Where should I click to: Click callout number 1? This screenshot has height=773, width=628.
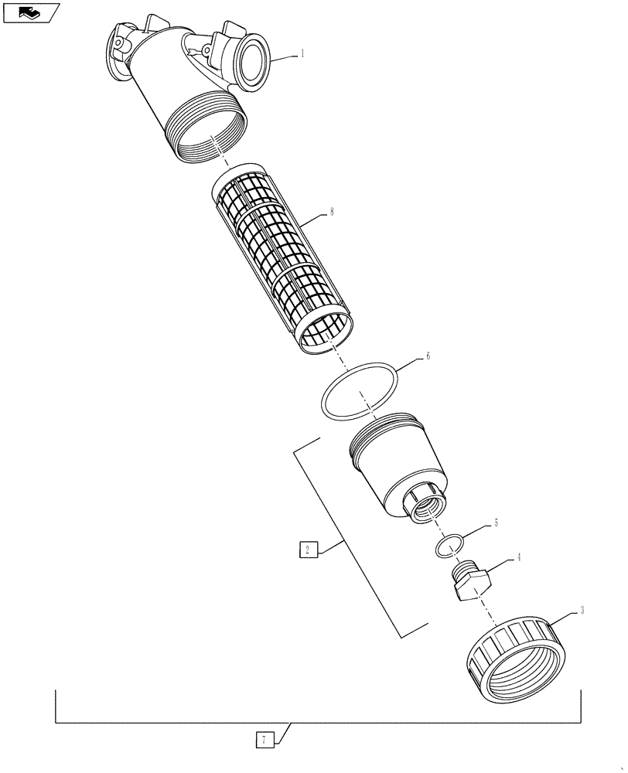(302, 54)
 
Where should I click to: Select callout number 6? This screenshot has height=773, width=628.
(428, 357)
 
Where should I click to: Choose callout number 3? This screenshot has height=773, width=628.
(582, 610)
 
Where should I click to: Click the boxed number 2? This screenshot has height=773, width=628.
(308, 550)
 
